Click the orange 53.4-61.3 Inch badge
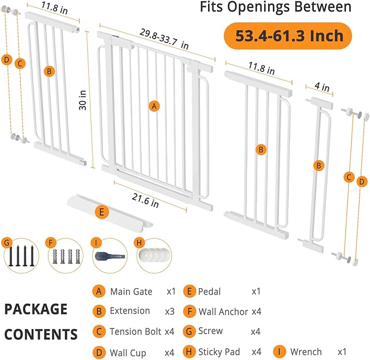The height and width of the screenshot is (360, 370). tap(288, 36)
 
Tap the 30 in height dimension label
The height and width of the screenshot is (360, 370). tap(83, 100)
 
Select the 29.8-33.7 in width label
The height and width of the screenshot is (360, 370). tap(164, 39)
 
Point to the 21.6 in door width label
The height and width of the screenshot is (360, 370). tap(145, 200)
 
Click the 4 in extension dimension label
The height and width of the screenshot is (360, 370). tap(322, 87)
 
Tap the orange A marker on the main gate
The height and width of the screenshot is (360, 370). tap(154, 106)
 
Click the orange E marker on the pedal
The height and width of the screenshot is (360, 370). tap(102, 212)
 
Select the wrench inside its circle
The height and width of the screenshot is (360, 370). tap(110, 257)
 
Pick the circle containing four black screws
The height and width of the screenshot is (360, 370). tap(21, 256)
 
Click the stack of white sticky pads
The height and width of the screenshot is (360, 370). tap(154, 255)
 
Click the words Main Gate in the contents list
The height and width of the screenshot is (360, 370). tap(131, 291)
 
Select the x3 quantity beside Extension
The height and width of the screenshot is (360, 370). tap(169, 312)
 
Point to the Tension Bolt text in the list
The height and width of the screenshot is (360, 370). tap(136, 332)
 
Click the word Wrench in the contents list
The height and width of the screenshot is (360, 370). tap(306, 352)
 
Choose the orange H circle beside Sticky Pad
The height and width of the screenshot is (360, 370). tap(189, 352)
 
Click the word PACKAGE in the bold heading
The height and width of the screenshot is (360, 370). tap(36, 309)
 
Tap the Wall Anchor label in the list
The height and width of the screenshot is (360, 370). tap(223, 312)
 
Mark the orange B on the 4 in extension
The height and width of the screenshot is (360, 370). tap(319, 166)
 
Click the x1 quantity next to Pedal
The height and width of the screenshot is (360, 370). tap(256, 291)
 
